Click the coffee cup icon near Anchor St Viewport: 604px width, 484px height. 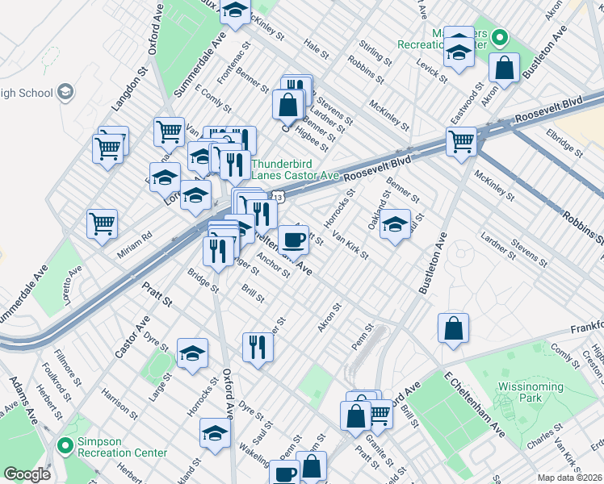pyautogui.click(x=293, y=239)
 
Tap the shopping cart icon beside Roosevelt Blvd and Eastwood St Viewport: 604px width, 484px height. pyautogui.click(x=461, y=140)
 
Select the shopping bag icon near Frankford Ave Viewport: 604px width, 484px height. pyautogui.click(x=454, y=328)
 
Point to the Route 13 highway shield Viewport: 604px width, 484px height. pyautogui.click(x=277, y=197)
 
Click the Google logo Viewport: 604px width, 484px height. pyautogui.click(x=27, y=474)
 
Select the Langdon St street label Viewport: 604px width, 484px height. pyautogui.click(x=121, y=90)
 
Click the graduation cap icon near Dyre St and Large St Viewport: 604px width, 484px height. pyautogui.click(x=192, y=353)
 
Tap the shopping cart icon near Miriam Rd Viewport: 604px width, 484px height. pyautogui.click(x=102, y=224)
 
